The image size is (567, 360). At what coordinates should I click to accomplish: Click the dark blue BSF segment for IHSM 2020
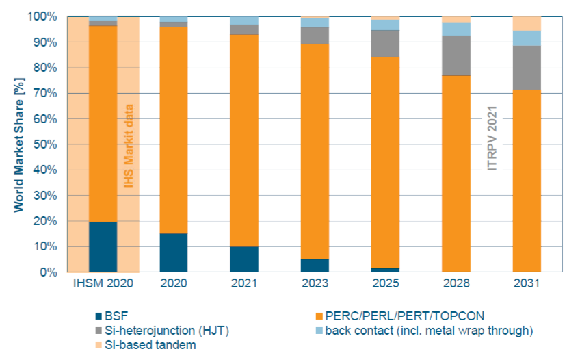pos(103,247)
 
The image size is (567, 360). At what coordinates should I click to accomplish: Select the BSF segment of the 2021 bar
pos(245,259)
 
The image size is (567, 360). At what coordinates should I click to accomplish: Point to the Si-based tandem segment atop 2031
pos(527,23)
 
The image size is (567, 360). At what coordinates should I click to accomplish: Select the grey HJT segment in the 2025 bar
pos(386,44)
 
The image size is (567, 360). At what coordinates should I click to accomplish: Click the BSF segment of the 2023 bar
pos(315,266)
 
